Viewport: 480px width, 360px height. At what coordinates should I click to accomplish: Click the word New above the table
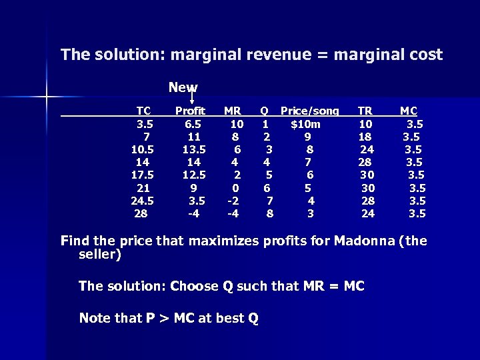(183, 87)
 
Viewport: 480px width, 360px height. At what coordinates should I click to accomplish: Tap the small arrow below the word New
(193, 98)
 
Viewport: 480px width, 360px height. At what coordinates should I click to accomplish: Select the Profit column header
(190, 111)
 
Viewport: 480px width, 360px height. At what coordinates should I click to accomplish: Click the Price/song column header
(309, 111)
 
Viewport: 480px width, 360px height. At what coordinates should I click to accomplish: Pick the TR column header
(366, 111)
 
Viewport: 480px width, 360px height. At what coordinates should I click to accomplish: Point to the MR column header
(233, 111)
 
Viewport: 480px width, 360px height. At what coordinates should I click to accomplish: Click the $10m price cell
(305, 123)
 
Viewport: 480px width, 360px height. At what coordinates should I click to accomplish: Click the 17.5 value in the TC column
(143, 174)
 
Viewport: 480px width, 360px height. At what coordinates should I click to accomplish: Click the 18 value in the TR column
(366, 136)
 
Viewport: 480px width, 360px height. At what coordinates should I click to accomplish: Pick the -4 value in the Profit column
(193, 213)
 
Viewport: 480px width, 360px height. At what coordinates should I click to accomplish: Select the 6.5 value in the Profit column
(194, 123)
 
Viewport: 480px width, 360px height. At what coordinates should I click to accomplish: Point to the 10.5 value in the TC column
(143, 149)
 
